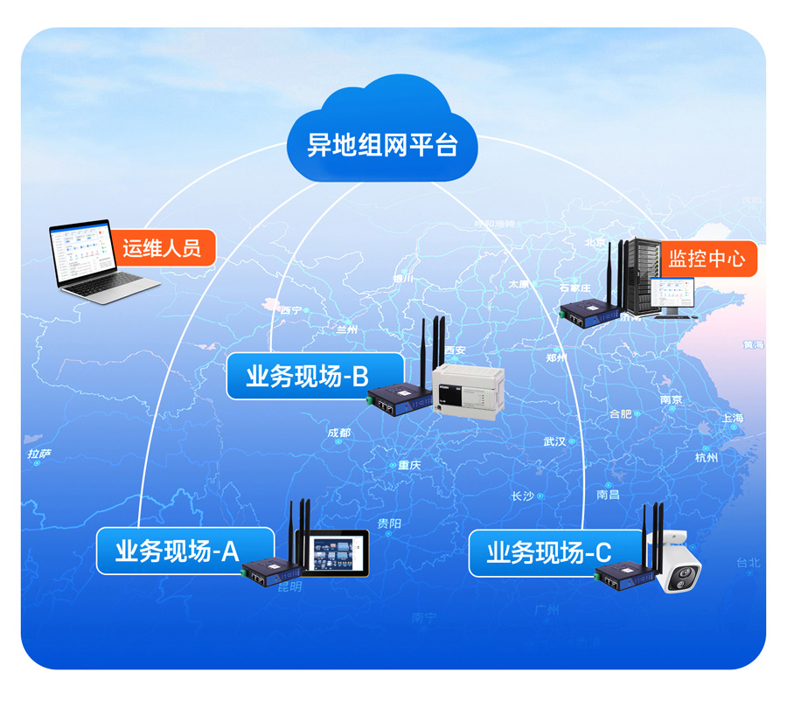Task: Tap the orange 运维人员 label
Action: coord(162,247)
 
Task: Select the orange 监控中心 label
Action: coord(707,259)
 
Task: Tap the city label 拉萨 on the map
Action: coord(39,454)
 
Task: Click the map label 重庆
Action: coord(409,465)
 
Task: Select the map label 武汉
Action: coord(554,441)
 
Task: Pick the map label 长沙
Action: coord(522,496)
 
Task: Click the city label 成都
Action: coord(339,433)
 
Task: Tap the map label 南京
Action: coord(672,399)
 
